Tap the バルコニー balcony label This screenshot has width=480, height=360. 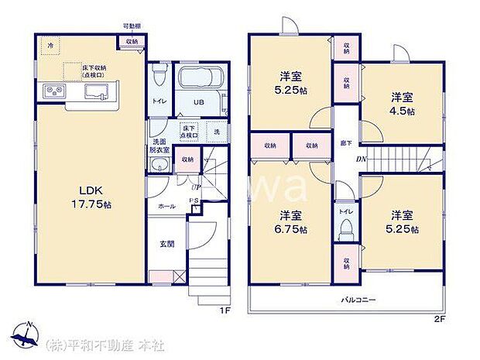pos(357,298)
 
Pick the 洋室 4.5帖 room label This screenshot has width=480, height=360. pos(402,104)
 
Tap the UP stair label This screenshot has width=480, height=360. pos(186,185)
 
